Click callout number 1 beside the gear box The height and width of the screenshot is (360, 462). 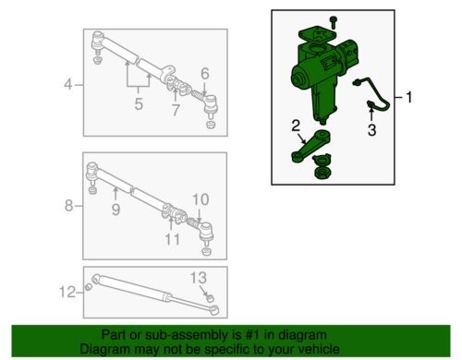pyautogui.click(x=409, y=98)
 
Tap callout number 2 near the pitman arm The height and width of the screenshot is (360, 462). pyautogui.click(x=296, y=126)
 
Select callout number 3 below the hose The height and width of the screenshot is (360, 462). pyautogui.click(x=372, y=130)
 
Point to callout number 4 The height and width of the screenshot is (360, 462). pyautogui.click(x=68, y=84)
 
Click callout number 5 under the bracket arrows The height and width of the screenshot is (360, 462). pyautogui.click(x=139, y=104)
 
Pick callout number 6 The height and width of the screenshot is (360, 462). pyautogui.click(x=205, y=74)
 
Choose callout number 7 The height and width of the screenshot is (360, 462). pyautogui.click(x=176, y=110)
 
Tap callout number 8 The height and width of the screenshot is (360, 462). pyautogui.click(x=69, y=205)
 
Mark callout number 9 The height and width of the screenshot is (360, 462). pyautogui.click(x=115, y=210)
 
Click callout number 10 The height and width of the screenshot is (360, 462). pyautogui.click(x=201, y=199)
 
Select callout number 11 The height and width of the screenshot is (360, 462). pyautogui.click(x=172, y=239)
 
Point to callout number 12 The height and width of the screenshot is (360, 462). pyautogui.click(x=67, y=292)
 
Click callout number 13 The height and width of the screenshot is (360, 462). pyautogui.click(x=199, y=278)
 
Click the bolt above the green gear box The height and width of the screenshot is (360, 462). pyautogui.click(x=333, y=22)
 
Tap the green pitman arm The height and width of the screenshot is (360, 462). pyautogui.click(x=310, y=146)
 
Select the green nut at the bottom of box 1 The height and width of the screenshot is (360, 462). pyautogui.click(x=322, y=173)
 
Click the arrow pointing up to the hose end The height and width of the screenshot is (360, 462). pyautogui.click(x=371, y=113)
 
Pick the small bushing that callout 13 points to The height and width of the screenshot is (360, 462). pyautogui.click(x=210, y=298)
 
